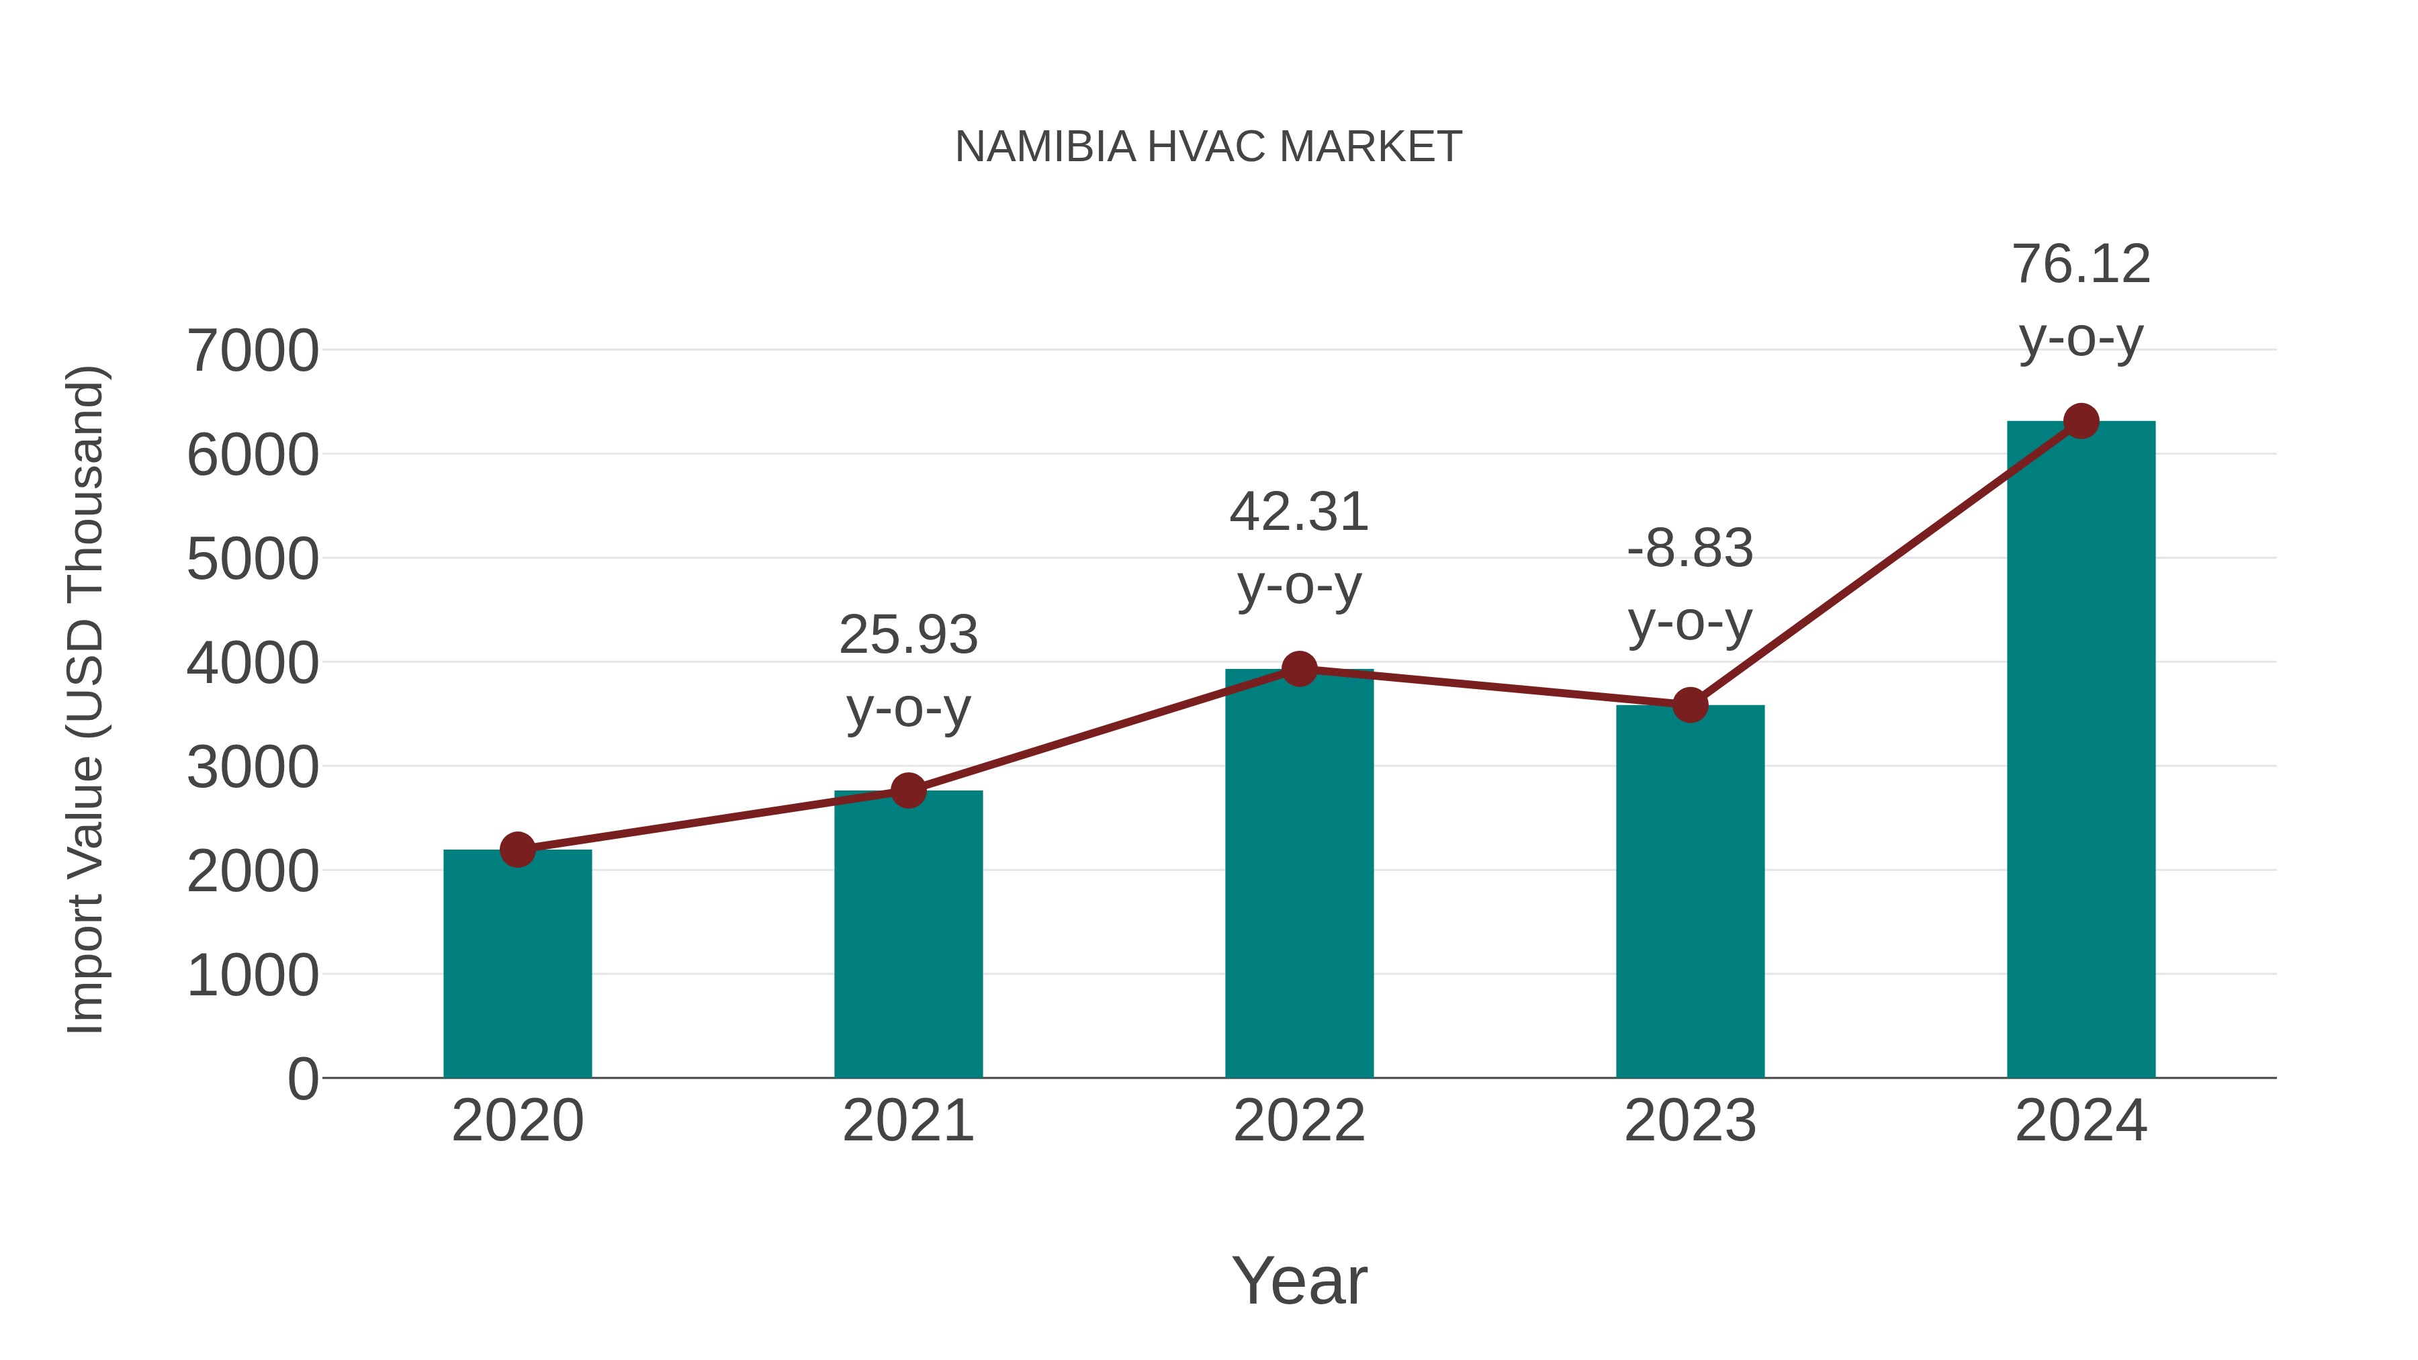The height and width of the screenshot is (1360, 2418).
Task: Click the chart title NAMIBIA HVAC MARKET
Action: click(x=1208, y=147)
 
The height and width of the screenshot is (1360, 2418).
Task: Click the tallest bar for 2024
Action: click(x=2081, y=751)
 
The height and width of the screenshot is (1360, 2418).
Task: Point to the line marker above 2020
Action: click(x=517, y=850)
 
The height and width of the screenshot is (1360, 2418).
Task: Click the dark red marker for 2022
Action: click(x=1299, y=669)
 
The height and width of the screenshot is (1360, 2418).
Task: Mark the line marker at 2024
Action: click(x=2081, y=421)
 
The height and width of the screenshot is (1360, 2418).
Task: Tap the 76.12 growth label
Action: click(x=2081, y=265)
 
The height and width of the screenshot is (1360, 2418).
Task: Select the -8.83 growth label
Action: click(x=1690, y=549)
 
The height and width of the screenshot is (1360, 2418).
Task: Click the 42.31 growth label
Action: click(x=1299, y=513)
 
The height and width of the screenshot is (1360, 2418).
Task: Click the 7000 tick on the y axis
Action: click(x=253, y=351)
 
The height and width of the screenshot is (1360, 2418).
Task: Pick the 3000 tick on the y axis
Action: click(x=253, y=768)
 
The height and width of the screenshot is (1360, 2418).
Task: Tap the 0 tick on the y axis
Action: click(x=302, y=1079)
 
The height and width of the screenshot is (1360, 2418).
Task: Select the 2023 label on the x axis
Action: click(x=1690, y=1122)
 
